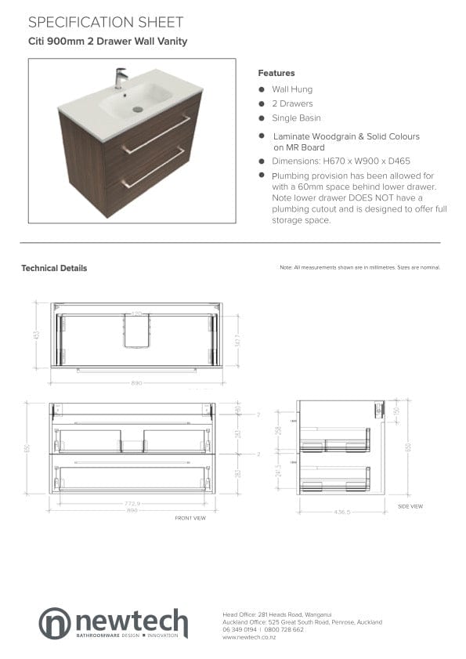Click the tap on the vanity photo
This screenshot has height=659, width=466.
point(120,77)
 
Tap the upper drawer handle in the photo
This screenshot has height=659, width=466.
point(156,135)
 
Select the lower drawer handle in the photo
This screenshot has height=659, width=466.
point(154,168)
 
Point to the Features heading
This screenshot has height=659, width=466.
point(276,73)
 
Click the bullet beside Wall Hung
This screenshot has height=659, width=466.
point(262,89)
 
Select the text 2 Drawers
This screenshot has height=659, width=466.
point(292,103)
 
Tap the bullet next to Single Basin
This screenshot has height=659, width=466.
point(262,118)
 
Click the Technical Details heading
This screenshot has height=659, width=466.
point(54,268)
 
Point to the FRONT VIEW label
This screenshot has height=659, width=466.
point(190,518)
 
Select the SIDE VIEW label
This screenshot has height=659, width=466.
point(410,506)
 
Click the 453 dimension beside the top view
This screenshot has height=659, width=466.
point(37,335)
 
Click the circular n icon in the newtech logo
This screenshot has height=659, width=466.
point(55,623)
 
